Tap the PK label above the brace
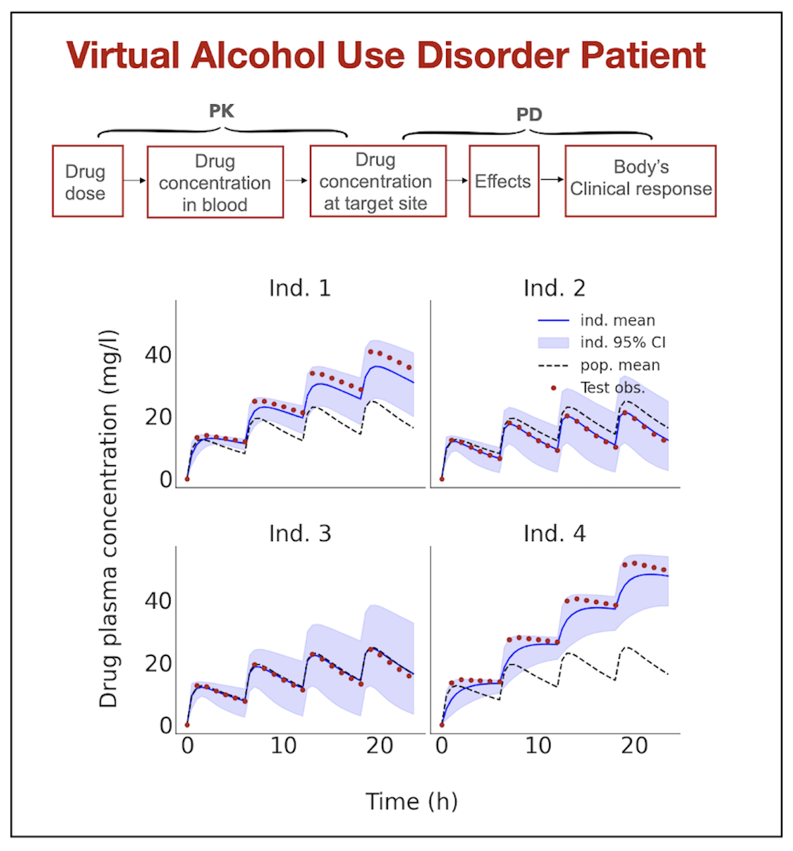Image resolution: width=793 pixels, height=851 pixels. point(221,110)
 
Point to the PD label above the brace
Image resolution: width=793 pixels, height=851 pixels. point(529,114)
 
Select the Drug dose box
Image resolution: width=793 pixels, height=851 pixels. point(87,182)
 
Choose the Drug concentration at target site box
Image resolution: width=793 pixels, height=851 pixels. point(377,182)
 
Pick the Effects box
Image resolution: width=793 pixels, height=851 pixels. point(504,182)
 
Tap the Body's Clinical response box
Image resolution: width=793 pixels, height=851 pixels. point(640,182)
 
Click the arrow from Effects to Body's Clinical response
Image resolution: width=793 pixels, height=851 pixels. point(552,180)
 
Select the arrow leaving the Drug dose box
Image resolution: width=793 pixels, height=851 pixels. point(135,180)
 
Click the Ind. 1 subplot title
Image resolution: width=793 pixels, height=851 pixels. point(299,288)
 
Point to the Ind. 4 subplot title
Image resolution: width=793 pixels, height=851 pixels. point(554,533)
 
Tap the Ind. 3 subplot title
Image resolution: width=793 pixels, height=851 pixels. point(299,533)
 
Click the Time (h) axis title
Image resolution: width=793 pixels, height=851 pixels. point(412,801)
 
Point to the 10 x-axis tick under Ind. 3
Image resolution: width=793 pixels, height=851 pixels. point(283,747)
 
